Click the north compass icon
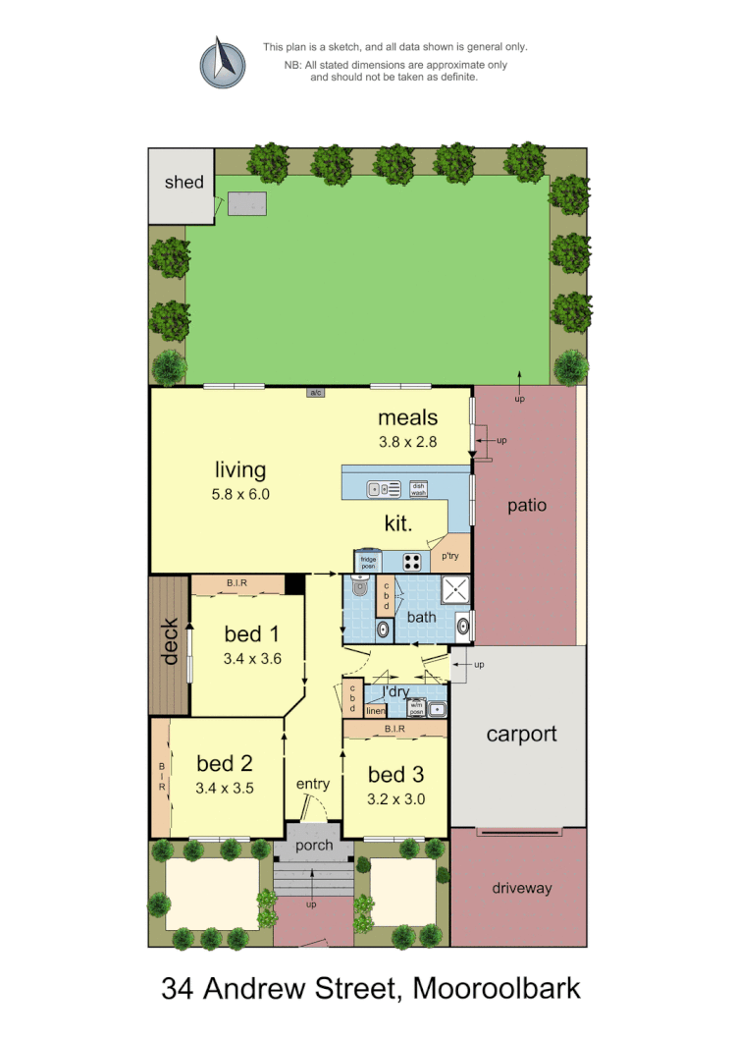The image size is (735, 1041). pyautogui.click(x=223, y=62)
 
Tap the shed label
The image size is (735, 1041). pyautogui.click(x=184, y=182)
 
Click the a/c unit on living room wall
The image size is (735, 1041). pyautogui.click(x=316, y=393)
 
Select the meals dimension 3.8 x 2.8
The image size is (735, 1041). pyautogui.click(x=408, y=443)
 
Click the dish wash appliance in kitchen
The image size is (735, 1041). pyautogui.click(x=419, y=488)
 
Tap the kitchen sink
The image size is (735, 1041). pyautogui.click(x=384, y=488)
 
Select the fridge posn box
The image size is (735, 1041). pyautogui.click(x=368, y=562)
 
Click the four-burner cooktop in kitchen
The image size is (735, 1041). pyautogui.click(x=413, y=563)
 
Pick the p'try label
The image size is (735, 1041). pyautogui.click(x=450, y=556)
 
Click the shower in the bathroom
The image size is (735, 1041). pyautogui.click(x=455, y=590)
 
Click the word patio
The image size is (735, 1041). pyautogui.click(x=526, y=506)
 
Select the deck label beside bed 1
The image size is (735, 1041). pyautogui.click(x=169, y=641)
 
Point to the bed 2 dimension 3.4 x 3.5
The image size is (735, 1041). pyautogui.click(x=226, y=787)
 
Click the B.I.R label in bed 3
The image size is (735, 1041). pyautogui.click(x=395, y=729)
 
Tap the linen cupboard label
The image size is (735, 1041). pyautogui.click(x=375, y=711)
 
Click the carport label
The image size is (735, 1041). pyautogui.click(x=522, y=734)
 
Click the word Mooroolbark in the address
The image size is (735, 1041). pyautogui.click(x=498, y=987)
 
